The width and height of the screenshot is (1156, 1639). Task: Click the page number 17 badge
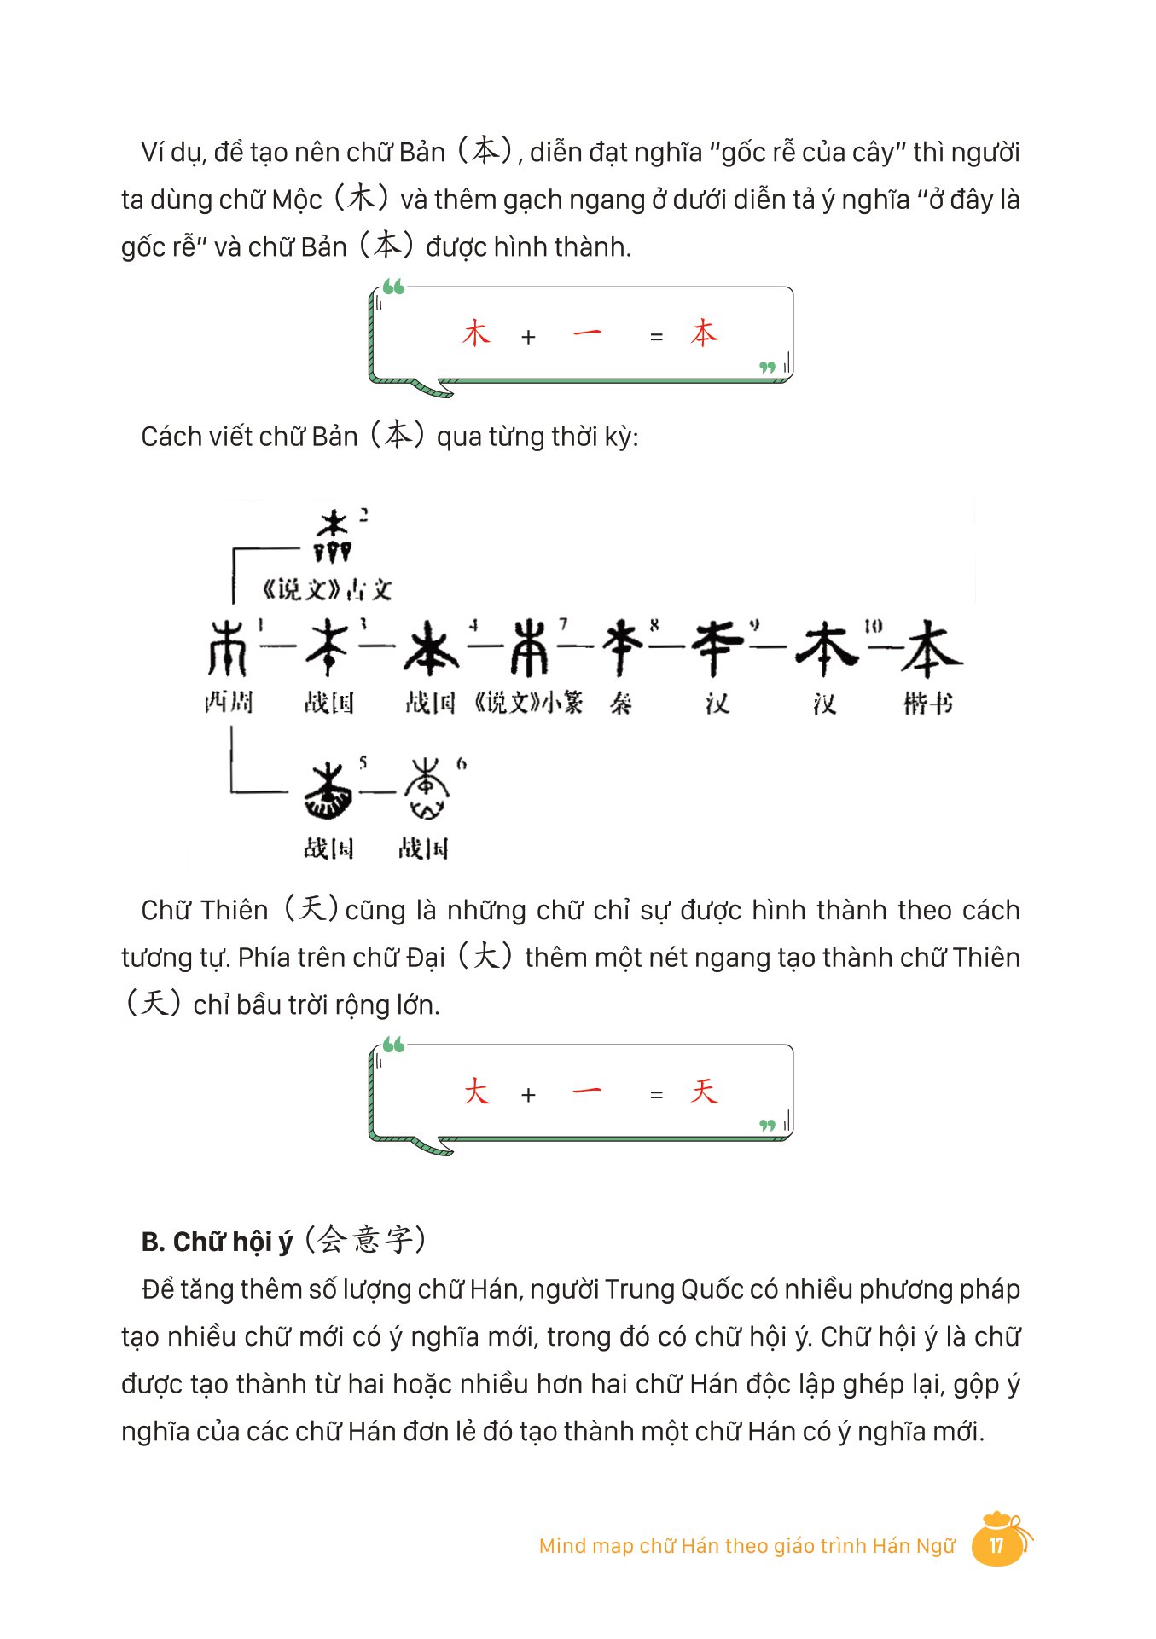[x=996, y=1544]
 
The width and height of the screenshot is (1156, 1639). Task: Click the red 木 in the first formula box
[x=476, y=333]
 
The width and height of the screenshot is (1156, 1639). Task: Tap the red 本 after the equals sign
[x=704, y=333]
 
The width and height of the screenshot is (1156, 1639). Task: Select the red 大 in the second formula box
[x=476, y=1092]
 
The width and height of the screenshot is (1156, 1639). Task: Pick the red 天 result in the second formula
[x=704, y=1092]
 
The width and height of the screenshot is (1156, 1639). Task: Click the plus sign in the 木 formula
[x=528, y=338]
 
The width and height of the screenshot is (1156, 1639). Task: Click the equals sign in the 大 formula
[x=656, y=1095]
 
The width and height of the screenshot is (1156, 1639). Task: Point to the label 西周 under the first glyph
[x=229, y=703]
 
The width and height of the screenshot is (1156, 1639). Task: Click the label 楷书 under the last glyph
[x=928, y=704]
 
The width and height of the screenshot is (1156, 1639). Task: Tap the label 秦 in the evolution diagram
[x=621, y=704]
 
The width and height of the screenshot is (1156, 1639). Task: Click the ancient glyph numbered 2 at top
[x=332, y=536]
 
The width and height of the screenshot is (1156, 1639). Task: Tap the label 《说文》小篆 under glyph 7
[x=529, y=703]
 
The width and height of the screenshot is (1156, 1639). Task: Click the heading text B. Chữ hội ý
[x=217, y=1242]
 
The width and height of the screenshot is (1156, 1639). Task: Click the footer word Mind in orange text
[x=562, y=1546]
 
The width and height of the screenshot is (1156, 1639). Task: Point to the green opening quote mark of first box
[x=393, y=287]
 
